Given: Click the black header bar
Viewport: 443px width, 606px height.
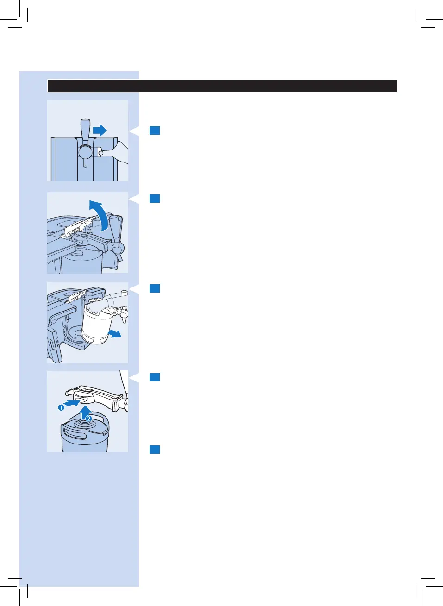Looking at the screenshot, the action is [x=222, y=86].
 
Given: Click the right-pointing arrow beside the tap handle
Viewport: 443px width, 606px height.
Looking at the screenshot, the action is [x=100, y=131].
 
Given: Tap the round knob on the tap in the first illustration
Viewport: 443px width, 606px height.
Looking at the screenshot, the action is [x=86, y=152].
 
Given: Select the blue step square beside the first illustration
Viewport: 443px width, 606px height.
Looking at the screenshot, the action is [x=155, y=131].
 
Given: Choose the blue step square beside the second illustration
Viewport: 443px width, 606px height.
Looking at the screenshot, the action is [x=155, y=199].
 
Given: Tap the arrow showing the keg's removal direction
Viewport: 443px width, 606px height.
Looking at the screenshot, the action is [x=114, y=333].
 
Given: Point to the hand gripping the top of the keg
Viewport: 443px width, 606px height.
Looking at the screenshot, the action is [x=100, y=306].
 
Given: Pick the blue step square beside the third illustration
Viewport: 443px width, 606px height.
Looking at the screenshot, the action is [x=155, y=288].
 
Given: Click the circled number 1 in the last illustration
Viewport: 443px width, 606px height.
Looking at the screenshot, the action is [x=61, y=407].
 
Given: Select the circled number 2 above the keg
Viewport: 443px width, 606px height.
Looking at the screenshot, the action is [x=89, y=419].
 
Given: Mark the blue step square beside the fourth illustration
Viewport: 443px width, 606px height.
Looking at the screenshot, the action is [x=155, y=377].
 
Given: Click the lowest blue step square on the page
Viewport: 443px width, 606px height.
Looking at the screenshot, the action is [x=155, y=450].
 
